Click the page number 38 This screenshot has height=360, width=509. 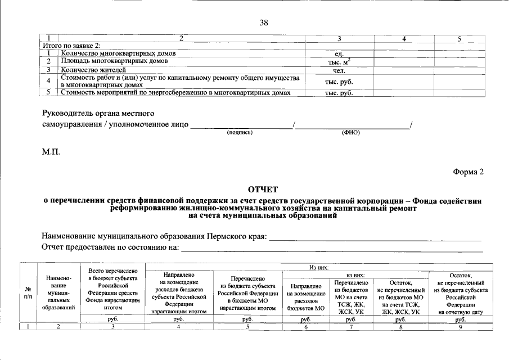[x=263, y=22]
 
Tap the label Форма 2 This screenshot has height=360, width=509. [x=468, y=172]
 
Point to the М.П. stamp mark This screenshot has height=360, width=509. [x=51, y=152]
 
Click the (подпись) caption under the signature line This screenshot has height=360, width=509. [x=240, y=133]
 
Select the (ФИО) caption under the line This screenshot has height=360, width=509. [x=350, y=133]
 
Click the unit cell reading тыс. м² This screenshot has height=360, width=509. [x=340, y=61]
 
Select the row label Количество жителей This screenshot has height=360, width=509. [x=93, y=70]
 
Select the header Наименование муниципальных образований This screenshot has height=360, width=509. [x=59, y=292]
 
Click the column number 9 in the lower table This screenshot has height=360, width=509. [x=460, y=327]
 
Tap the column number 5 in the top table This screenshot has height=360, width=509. [x=459, y=39]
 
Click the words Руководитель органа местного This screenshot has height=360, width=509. [x=98, y=114]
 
